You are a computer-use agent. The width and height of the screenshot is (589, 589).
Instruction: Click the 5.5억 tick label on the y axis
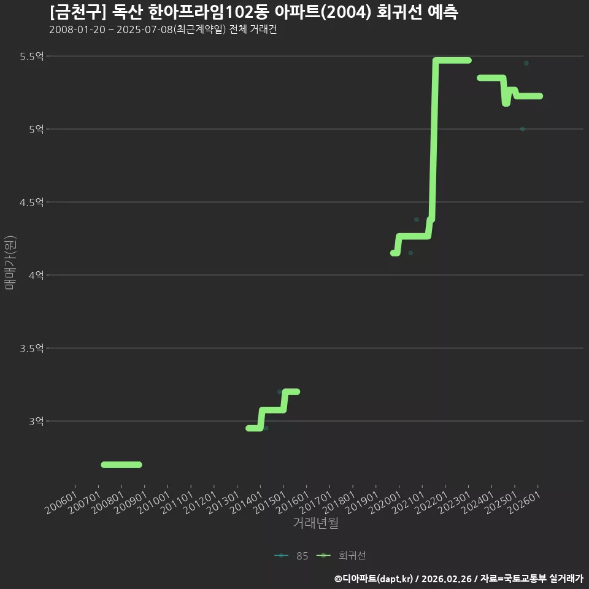pos(32,56)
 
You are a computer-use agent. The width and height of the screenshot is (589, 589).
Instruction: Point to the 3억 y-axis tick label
pos(36,421)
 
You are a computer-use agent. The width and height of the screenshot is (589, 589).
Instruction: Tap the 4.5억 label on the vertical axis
pos(32,202)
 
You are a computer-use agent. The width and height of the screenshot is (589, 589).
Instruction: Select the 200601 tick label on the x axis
pos(61,502)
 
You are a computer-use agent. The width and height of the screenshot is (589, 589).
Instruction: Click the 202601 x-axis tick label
pos(524,502)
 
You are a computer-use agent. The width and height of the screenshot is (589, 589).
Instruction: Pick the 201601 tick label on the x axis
pos(293,502)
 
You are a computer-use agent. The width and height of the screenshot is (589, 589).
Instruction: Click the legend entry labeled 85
pos(291,556)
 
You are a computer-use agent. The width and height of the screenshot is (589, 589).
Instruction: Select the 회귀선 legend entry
pos(341,556)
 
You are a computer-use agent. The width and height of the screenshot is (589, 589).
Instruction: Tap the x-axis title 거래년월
pos(315,523)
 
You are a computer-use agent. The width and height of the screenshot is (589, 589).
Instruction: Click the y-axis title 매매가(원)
pos(10,263)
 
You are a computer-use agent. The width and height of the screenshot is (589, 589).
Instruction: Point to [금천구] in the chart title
pos(78,12)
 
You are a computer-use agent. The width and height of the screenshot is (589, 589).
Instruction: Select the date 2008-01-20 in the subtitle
pos(77,29)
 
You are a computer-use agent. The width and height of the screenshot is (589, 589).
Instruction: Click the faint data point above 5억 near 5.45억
pos(526,63)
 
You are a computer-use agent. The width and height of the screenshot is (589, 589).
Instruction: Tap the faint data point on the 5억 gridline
pos(523,129)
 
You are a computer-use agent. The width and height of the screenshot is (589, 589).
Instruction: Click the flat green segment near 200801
pos(121,464)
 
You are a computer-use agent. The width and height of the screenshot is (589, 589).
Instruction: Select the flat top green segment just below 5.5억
pos(452,61)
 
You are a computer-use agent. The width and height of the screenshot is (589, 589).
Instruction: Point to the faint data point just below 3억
pos(266,428)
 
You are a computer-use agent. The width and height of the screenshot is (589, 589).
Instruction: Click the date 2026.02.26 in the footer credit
pos(447,579)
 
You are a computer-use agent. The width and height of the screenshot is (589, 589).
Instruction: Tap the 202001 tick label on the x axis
pos(385,502)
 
